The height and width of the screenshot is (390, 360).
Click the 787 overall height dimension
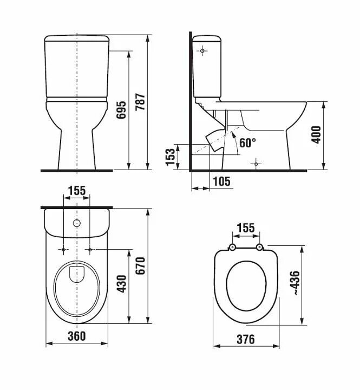point(141,102)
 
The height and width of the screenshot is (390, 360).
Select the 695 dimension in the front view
point(122,109)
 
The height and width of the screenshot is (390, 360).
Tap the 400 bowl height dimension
point(316,134)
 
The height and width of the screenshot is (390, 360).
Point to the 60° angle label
point(247,142)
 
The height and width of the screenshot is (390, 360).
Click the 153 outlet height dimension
point(171,157)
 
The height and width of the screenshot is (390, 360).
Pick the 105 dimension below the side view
point(222,181)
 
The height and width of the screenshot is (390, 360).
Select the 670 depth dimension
point(140,266)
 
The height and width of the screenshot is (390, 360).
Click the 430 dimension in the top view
point(122,284)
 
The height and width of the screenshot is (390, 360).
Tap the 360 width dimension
point(77,336)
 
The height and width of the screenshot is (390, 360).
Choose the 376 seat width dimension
point(246,339)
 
